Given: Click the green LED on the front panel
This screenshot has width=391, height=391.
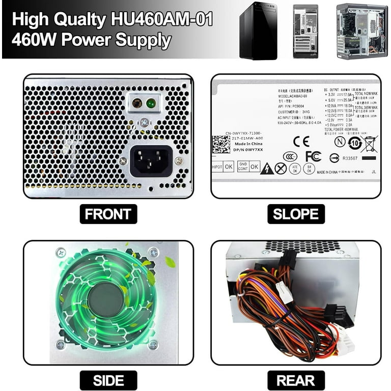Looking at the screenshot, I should [x=151, y=103].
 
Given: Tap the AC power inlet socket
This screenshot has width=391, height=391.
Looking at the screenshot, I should [x=151, y=160].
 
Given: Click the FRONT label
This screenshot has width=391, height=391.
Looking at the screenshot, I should [x=108, y=214].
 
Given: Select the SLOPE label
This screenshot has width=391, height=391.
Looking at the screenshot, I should [x=296, y=214].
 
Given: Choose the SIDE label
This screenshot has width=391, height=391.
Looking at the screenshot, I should [x=108, y=380].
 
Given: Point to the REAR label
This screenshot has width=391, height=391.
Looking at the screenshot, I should [x=296, y=380].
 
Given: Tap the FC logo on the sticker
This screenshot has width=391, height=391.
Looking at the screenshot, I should [x=313, y=156].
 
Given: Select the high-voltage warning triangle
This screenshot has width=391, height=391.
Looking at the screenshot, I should [x=267, y=169].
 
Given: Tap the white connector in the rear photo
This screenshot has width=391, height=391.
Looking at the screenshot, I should [x=284, y=292].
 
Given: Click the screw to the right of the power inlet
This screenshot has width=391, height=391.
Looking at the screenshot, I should [x=178, y=160].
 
